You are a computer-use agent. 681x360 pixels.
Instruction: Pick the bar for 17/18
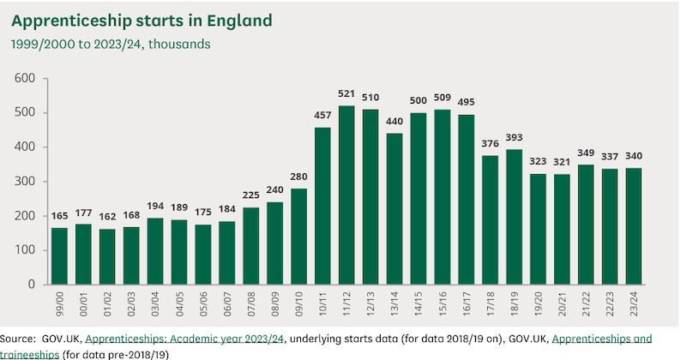pyautogui.click(x=491, y=219)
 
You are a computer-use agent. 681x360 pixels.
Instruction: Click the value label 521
pyautogui.click(x=347, y=93)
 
